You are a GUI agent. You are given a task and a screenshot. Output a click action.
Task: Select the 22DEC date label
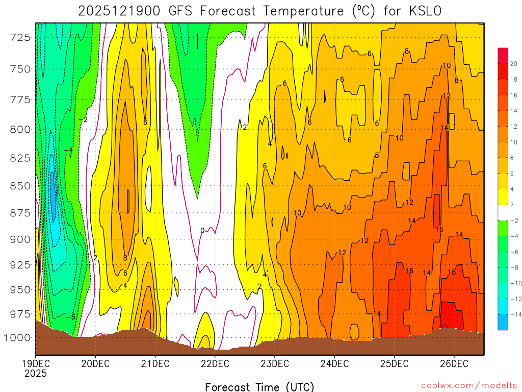tap(215, 363)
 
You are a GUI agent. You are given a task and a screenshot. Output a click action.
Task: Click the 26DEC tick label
tap(454, 363)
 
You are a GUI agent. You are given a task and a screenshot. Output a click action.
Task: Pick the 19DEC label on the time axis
tap(35, 363)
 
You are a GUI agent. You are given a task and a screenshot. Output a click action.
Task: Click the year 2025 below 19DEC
tap(35, 373)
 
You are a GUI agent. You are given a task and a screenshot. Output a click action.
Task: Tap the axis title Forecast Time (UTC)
tap(259, 386)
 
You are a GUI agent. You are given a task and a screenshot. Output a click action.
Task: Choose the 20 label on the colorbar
tap(513, 63)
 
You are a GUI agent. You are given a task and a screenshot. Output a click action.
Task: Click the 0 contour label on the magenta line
tap(202, 231)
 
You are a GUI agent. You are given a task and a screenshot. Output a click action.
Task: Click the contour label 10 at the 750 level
tap(447, 65)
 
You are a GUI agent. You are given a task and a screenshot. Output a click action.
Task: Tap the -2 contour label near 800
tap(83, 119)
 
